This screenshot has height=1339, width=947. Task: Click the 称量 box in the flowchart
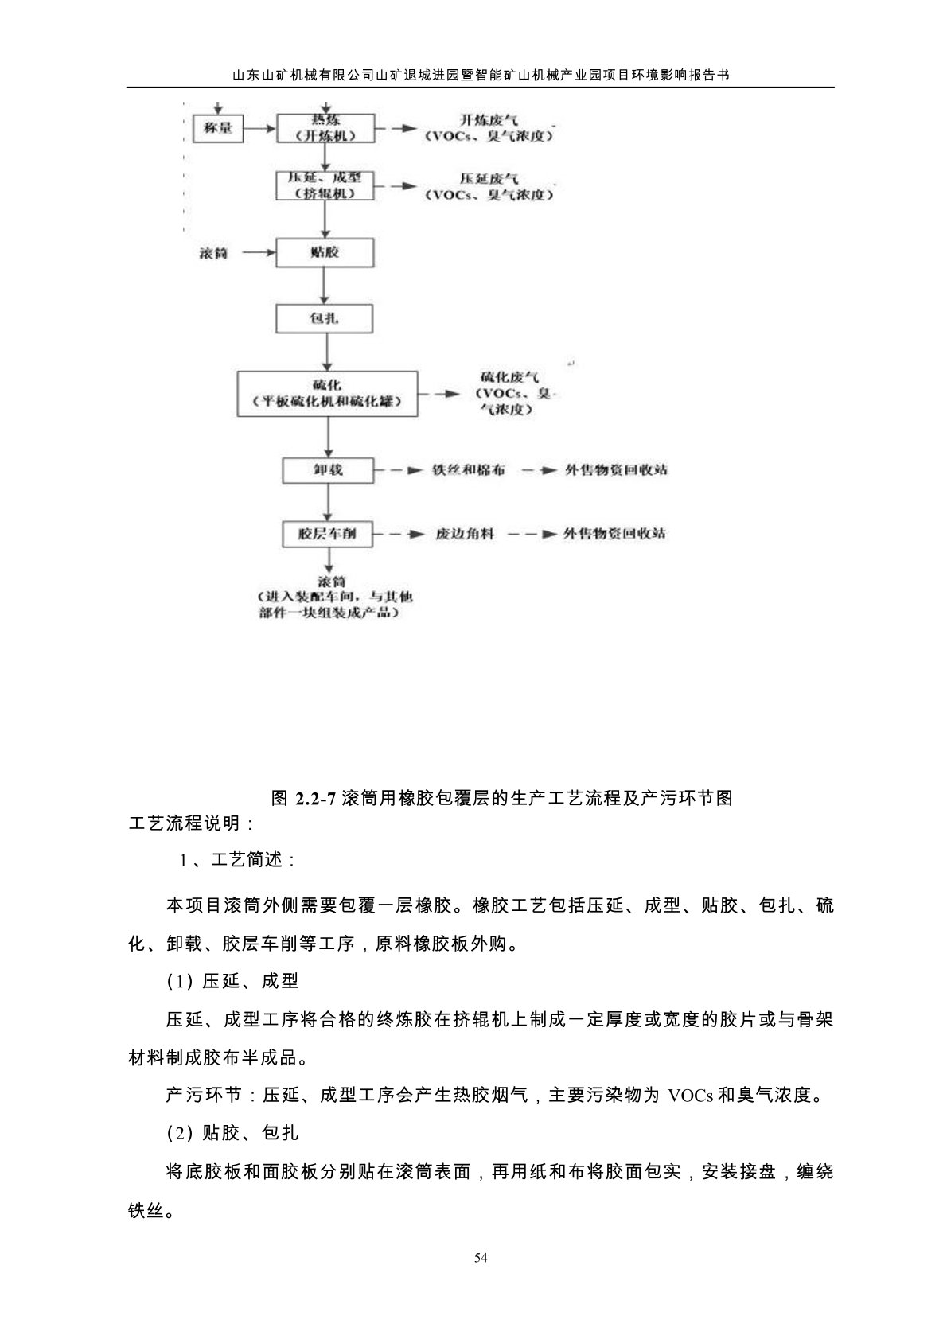tap(218, 127)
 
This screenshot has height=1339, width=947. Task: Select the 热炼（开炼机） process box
tap(325, 128)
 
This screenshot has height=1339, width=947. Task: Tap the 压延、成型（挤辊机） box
tap(325, 186)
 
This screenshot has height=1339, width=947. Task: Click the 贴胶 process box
tap(325, 253)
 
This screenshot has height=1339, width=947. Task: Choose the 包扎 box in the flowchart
tap(325, 319)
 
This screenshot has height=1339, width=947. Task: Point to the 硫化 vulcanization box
tap(328, 392)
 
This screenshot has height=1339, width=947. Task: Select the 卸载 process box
tap(328, 470)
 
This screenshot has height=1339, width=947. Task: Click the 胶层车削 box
tap(328, 534)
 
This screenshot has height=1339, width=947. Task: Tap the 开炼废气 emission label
tap(489, 128)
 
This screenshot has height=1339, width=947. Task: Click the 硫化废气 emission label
tap(510, 393)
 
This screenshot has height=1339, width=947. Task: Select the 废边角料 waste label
tap(465, 534)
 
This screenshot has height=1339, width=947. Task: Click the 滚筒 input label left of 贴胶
tap(213, 254)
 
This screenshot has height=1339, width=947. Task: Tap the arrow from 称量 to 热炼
tap(259, 127)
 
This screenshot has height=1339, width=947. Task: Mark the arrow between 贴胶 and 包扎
tap(325, 286)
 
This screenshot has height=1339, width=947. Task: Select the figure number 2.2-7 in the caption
tap(317, 798)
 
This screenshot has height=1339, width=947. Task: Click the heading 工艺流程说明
tap(191, 823)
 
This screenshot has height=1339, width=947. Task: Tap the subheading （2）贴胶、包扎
tap(232, 1132)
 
